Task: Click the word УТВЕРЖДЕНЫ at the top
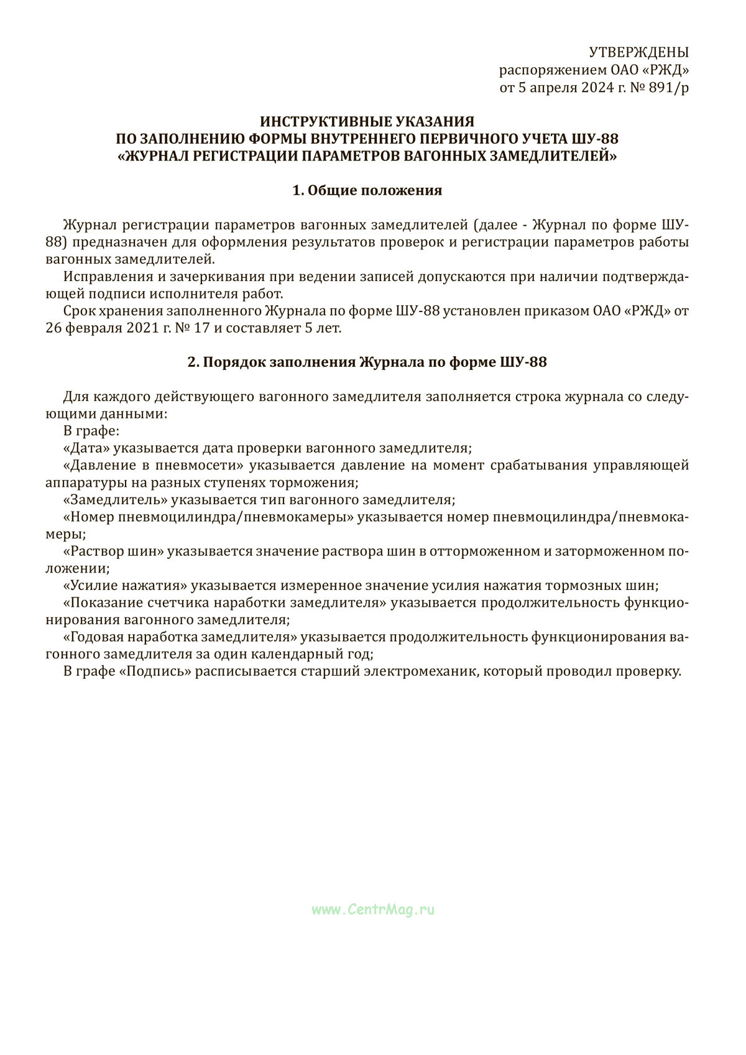pyautogui.click(x=638, y=52)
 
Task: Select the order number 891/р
pyautogui.click(x=668, y=88)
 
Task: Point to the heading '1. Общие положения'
pyautogui.click(x=367, y=190)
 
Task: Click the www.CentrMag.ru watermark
pyautogui.click(x=373, y=910)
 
